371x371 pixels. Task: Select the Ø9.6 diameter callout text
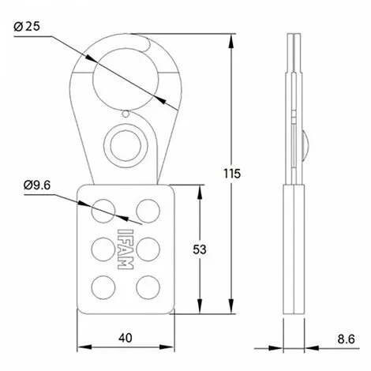[38, 185]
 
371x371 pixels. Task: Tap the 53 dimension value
[202, 249]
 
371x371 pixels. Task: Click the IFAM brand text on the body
[124, 249]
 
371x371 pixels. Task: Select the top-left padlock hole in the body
[102, 209]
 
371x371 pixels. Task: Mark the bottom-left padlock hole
[102, 286]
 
